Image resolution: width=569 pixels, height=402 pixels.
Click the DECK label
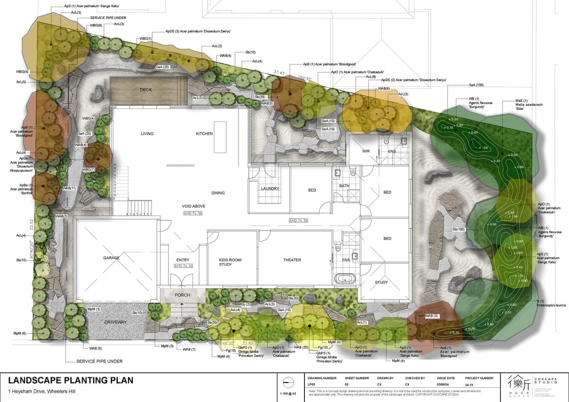[x=146, y=90]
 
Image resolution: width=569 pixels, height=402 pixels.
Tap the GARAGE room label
[x=111, y=258]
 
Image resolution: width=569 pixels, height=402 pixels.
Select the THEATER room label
[x=292, y=260]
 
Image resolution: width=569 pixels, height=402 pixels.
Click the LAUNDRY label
[x=270, y=189]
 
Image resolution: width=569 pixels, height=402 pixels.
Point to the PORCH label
[x=182, y=295]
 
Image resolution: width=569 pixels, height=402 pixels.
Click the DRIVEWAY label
[x=115, y=322]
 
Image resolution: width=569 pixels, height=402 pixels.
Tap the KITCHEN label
[x=204, y=134]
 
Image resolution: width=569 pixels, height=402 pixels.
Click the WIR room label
[x=366, y=151]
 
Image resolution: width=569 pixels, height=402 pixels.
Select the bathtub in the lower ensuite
[x=345, y=278]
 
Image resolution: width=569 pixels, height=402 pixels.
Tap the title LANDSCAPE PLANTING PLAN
[x=71, y=380]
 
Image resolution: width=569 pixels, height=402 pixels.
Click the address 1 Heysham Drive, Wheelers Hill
[x=42, y=392]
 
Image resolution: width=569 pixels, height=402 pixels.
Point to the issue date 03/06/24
[x=444, y=384]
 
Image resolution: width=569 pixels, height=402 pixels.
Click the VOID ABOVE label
[x=193, y=206]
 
